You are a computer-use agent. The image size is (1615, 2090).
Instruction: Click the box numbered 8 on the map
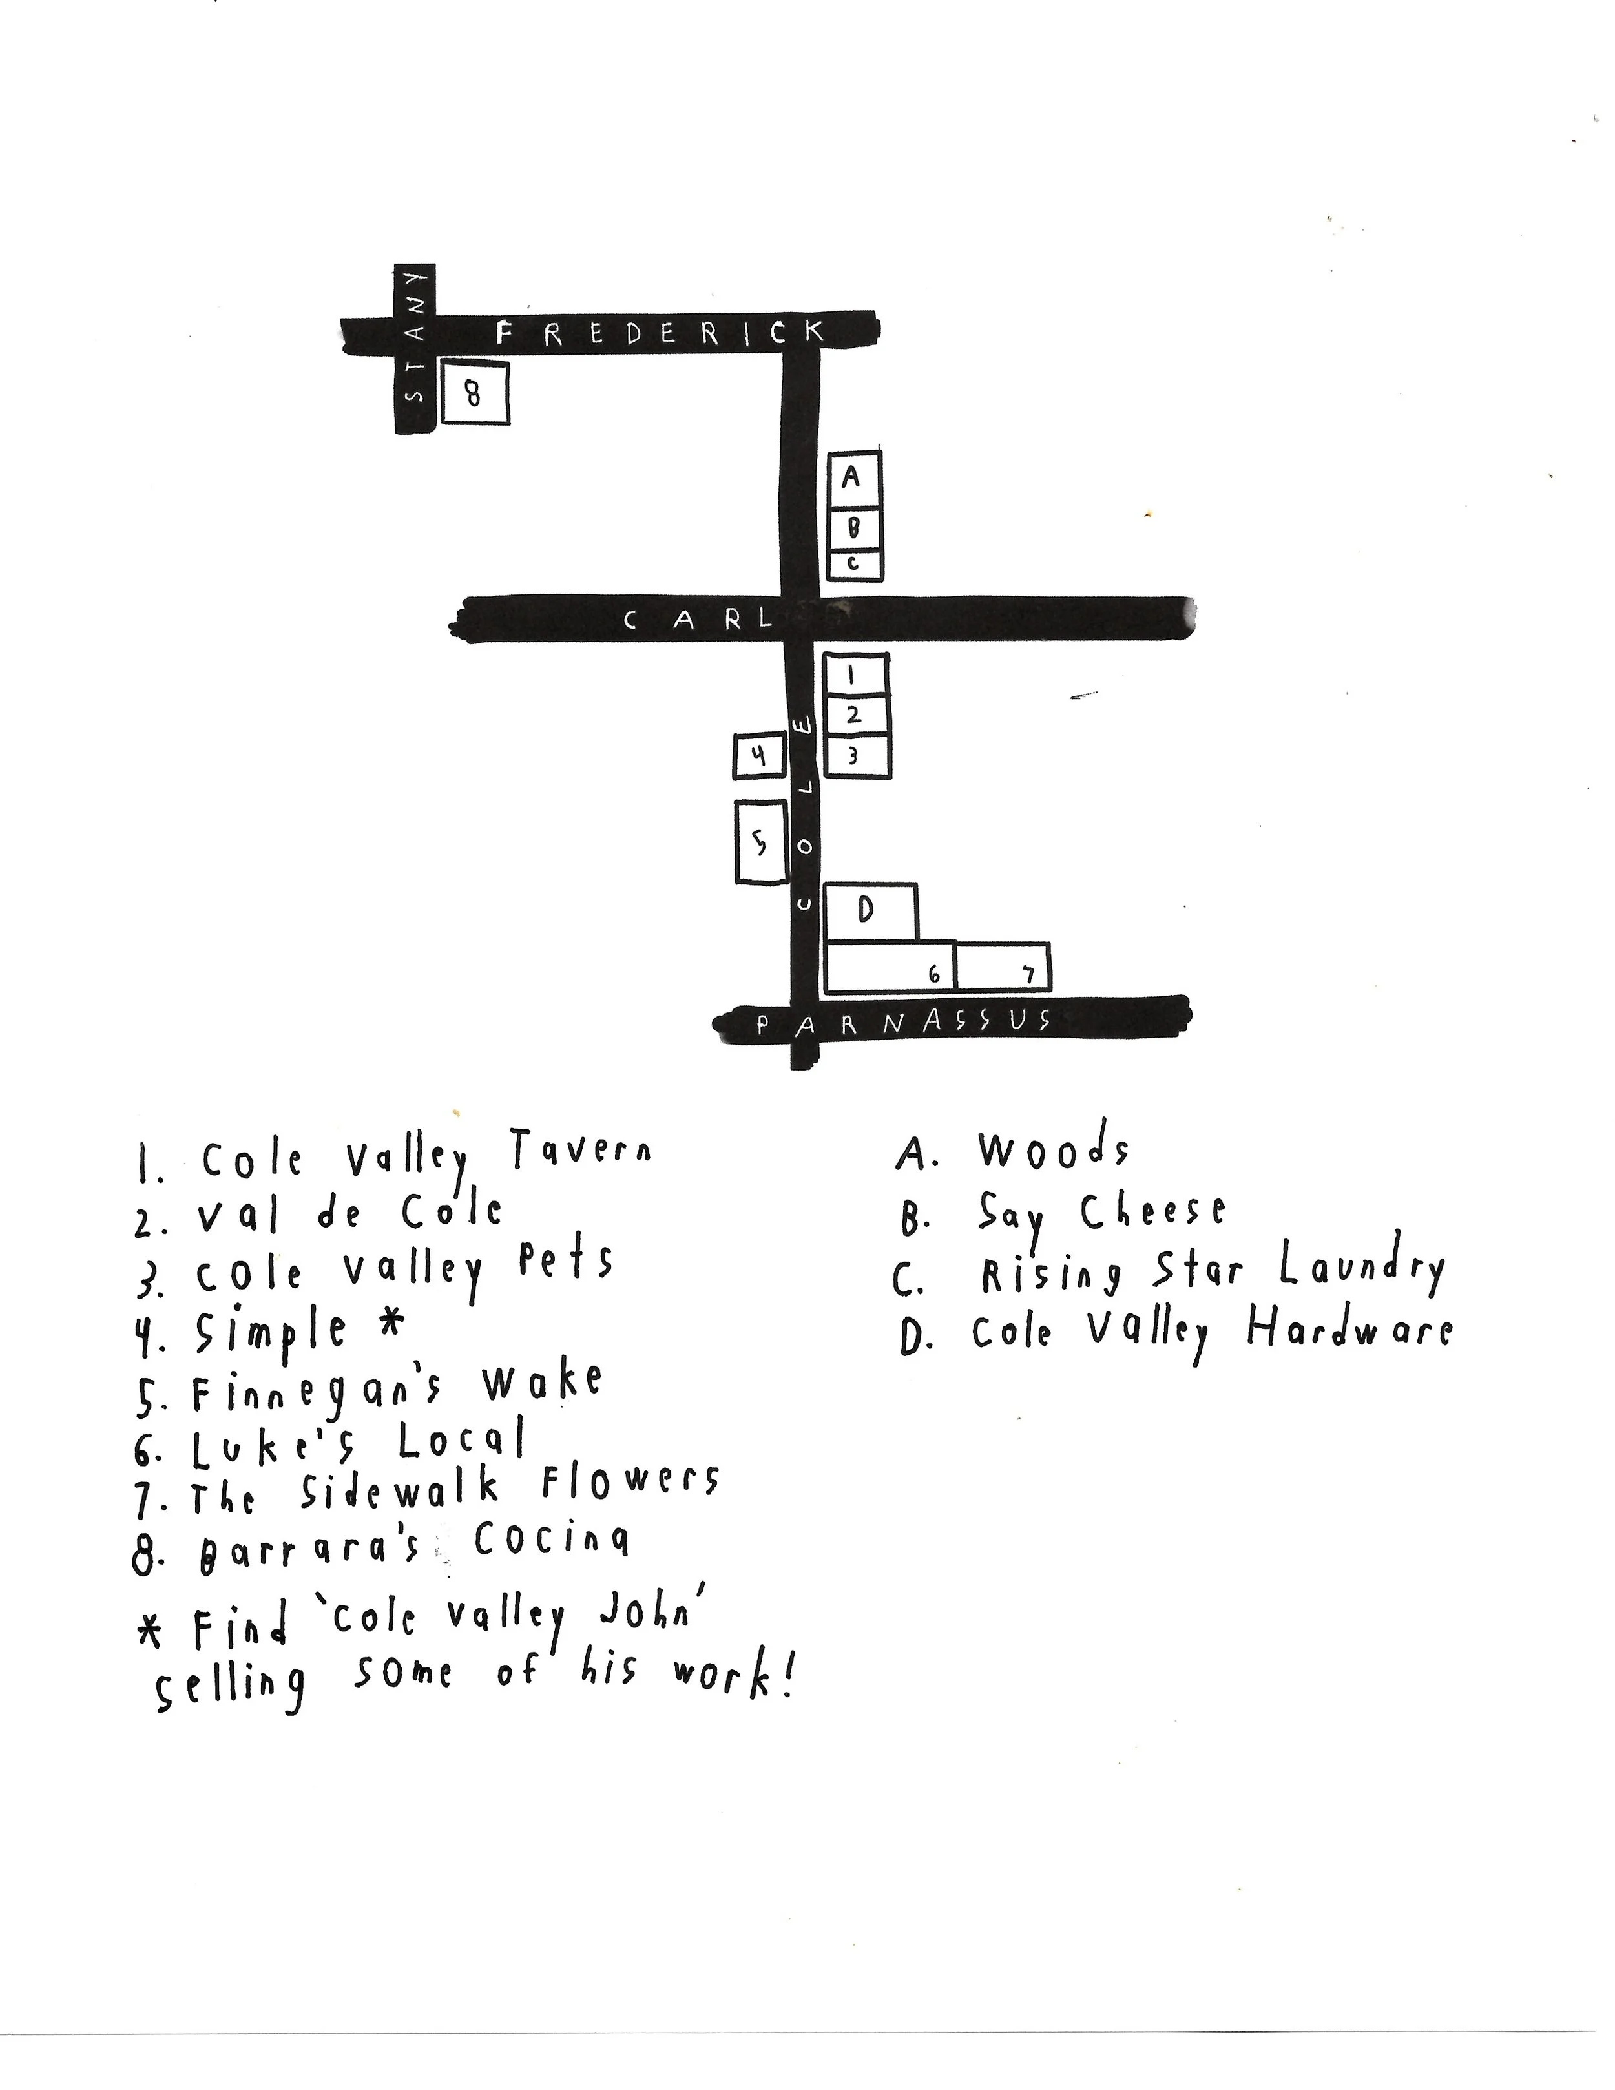pyautogui.click(x=474, y=392)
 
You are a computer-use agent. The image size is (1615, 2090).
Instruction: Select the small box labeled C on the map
pyautogui.click(x=853, y=565)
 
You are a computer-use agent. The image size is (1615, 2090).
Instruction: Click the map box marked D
pyautogui.click(x=869, y=910)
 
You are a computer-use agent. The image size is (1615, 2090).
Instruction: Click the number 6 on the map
pyautogui.click(x=935, y=975)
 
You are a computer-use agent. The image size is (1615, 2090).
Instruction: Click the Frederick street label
pyautogui.click(x=660, y=333)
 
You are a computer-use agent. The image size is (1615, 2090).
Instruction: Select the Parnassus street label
pyautogui.click(x=904, y=1022)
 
